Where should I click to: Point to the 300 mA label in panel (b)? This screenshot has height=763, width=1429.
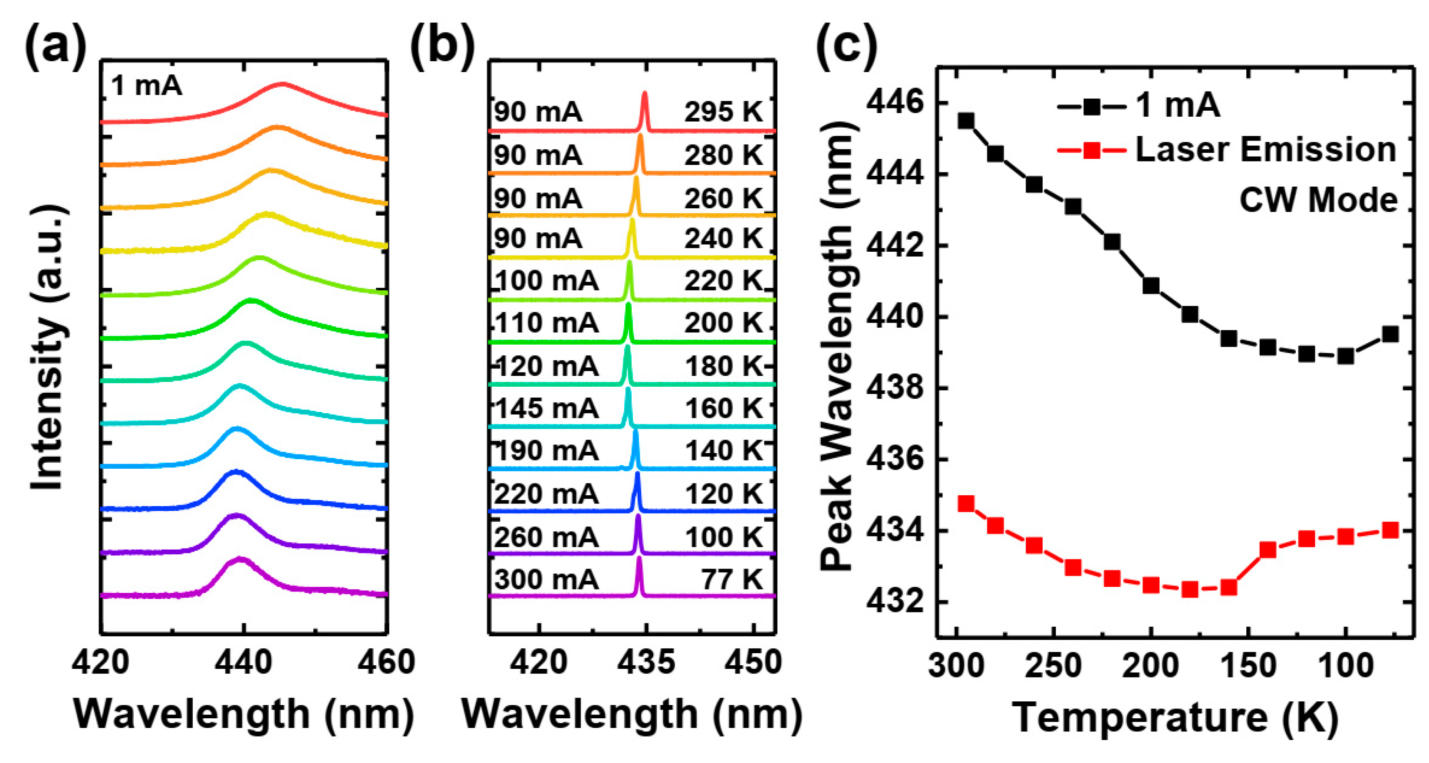coord(547,580)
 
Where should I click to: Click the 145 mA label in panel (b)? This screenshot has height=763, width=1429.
coord(547,409)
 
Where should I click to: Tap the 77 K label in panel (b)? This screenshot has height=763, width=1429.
coord(732,580)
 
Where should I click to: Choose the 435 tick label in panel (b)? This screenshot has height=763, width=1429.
coord(646,663)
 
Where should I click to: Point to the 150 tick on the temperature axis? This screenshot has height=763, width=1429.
coord(1248,666)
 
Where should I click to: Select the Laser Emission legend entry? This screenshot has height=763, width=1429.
coord(1265,150)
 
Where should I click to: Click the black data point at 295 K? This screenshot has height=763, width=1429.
coord(966,121)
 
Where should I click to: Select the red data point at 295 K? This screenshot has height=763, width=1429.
coord(966,503)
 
